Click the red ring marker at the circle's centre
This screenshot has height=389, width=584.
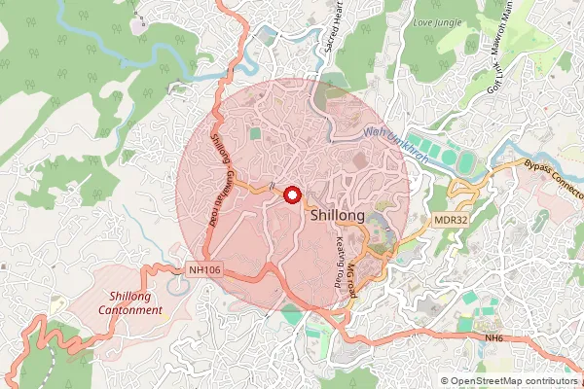(291, 194)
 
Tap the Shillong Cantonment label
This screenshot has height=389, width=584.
(135, 302)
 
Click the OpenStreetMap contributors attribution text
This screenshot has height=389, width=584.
(513, 380)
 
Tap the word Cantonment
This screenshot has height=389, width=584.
(135, 309)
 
